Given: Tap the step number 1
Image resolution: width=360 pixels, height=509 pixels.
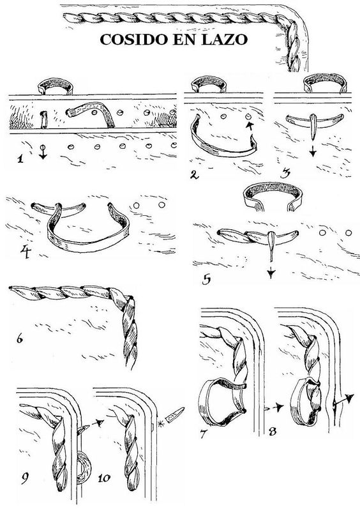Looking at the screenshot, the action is (x=20, y=159).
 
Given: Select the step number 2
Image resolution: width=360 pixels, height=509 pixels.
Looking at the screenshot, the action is (x=194, y=175).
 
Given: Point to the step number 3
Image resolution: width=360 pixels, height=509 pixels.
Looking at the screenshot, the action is (x=285, y=174).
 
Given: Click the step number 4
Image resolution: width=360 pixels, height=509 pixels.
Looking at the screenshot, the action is (x=26, y=251).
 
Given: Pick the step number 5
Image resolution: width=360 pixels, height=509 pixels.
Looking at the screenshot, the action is (x=207, y=279).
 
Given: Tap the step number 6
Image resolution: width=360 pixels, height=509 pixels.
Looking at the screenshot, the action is (x=20, y=340).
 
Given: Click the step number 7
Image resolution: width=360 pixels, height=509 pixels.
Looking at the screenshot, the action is (x=204, y=434).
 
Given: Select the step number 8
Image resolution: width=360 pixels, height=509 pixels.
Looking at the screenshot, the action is (x=273, y=432).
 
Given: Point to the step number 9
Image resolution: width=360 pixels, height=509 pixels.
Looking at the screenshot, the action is (x=25, y=478).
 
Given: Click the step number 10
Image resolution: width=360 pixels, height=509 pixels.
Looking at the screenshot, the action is (x=103, y=478).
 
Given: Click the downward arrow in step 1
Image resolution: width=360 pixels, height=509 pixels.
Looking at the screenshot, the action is (x=43, y=152).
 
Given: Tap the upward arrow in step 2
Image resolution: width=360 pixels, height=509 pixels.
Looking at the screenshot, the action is (x=249, y=126).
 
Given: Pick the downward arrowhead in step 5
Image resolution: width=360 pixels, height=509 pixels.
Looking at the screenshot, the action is (x=271, y=275).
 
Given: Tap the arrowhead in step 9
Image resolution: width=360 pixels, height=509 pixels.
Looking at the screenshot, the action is (x=100, y=422).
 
